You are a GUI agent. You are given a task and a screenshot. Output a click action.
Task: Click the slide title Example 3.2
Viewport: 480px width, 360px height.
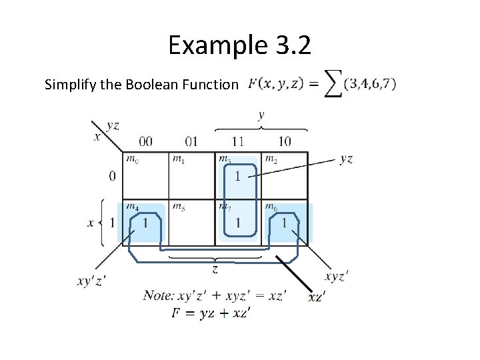[239, 46]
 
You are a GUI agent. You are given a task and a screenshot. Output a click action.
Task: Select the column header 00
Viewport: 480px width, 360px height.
[145, 141]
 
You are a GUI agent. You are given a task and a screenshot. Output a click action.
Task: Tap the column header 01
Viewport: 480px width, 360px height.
[191, 141]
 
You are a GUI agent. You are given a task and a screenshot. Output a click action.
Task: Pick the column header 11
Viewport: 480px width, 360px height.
[238, 141]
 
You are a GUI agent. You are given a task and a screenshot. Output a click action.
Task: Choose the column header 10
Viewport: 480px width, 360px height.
[285, 141]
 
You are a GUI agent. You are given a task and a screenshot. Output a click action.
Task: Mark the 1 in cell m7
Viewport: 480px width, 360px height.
[238, 223]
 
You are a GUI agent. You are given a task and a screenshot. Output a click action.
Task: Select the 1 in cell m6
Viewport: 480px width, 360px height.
[285, 223]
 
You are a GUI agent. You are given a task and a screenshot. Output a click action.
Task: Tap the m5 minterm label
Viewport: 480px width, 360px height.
[177, 206]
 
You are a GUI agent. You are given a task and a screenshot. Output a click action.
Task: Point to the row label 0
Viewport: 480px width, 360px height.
[112, 176]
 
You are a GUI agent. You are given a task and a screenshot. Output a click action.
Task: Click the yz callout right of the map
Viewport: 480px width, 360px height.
[346, 159]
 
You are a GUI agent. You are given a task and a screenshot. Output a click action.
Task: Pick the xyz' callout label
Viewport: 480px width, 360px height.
[336, 277]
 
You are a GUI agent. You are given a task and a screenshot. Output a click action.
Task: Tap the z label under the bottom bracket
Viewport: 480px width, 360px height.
[215, 269]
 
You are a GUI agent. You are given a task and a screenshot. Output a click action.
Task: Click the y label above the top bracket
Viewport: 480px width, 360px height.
[261, 115]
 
